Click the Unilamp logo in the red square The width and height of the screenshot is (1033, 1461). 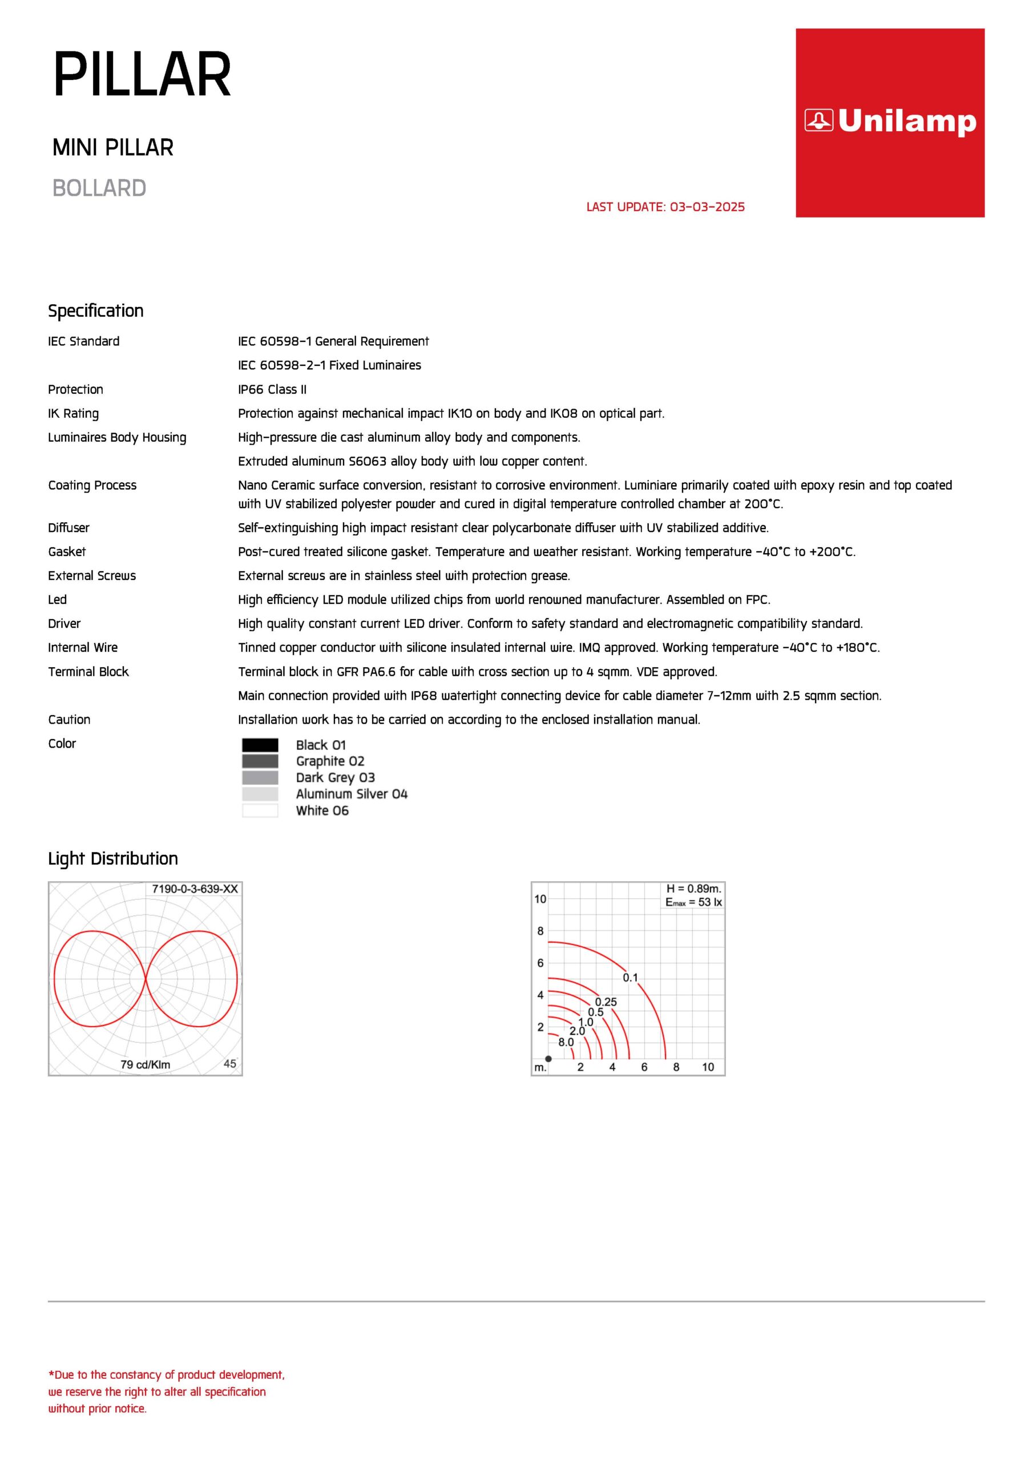[x=889, y=121]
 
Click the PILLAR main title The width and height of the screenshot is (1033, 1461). [x=142, y=75]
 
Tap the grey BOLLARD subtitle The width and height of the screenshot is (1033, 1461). [x=99, y=188]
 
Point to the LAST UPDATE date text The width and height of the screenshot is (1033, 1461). [x=665, y=207]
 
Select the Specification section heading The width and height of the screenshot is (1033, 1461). [x=96, y=310]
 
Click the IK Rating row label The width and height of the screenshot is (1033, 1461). [x=73, y=414]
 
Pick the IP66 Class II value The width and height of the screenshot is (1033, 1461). [x=272, y=389]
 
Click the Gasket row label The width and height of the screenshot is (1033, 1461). [x=67, y=552]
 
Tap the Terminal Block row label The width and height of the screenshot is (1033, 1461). [x=88, y=672]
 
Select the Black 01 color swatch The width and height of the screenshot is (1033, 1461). [x=260, y=745]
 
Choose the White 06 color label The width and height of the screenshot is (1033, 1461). [x=322, y=810]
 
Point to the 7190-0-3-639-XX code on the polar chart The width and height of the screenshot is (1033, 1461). [x=195, y=889]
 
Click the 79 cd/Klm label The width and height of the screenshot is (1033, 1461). [x=145, y=1064]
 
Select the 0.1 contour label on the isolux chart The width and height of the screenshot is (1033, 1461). [x=630, y=978]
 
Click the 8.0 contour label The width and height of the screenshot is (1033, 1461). [x=566, y=1042]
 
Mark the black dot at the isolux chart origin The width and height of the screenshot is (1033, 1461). [x=548, y=1059]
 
